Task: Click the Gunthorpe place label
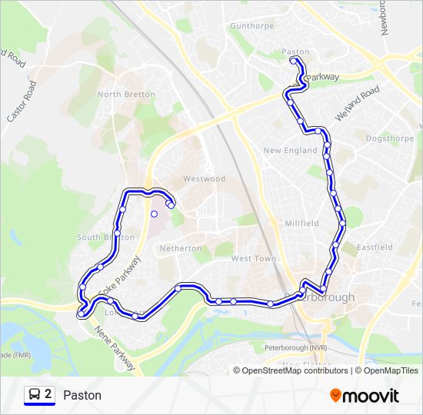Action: tap(251, 25)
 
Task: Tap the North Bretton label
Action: tap(126, 95)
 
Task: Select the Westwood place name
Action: tap(204, 179)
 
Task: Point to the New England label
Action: tap(290, 151)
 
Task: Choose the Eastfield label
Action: tap(375, 247)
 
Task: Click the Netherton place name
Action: tap(181, 248)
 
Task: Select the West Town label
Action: tap(253, 259)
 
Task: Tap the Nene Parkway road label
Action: tap(115, 347)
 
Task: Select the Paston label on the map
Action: tap(295, 52)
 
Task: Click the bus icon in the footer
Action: tap(35, 395)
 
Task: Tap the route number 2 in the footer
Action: tap(48, 394)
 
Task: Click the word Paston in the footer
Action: tap(82, 395)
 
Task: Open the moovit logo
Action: tap(365, 395)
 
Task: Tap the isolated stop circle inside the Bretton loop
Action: tap(154, 214)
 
